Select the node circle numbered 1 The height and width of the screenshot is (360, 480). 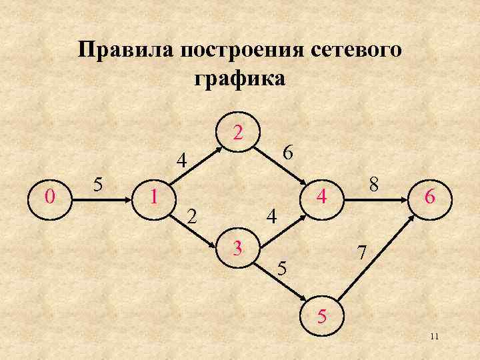tap(155, 197)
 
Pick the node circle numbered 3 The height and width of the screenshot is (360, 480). tap(237, 249)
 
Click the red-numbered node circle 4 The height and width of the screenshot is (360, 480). tap(321, 197)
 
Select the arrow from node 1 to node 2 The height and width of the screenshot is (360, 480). tap(197, 164)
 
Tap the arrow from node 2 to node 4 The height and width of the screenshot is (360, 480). tap(280, 164)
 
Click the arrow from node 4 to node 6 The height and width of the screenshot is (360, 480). tap(376, 197)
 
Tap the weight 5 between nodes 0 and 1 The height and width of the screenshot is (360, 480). tap(98, 183)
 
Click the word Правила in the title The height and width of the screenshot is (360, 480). tap(127, 51)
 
